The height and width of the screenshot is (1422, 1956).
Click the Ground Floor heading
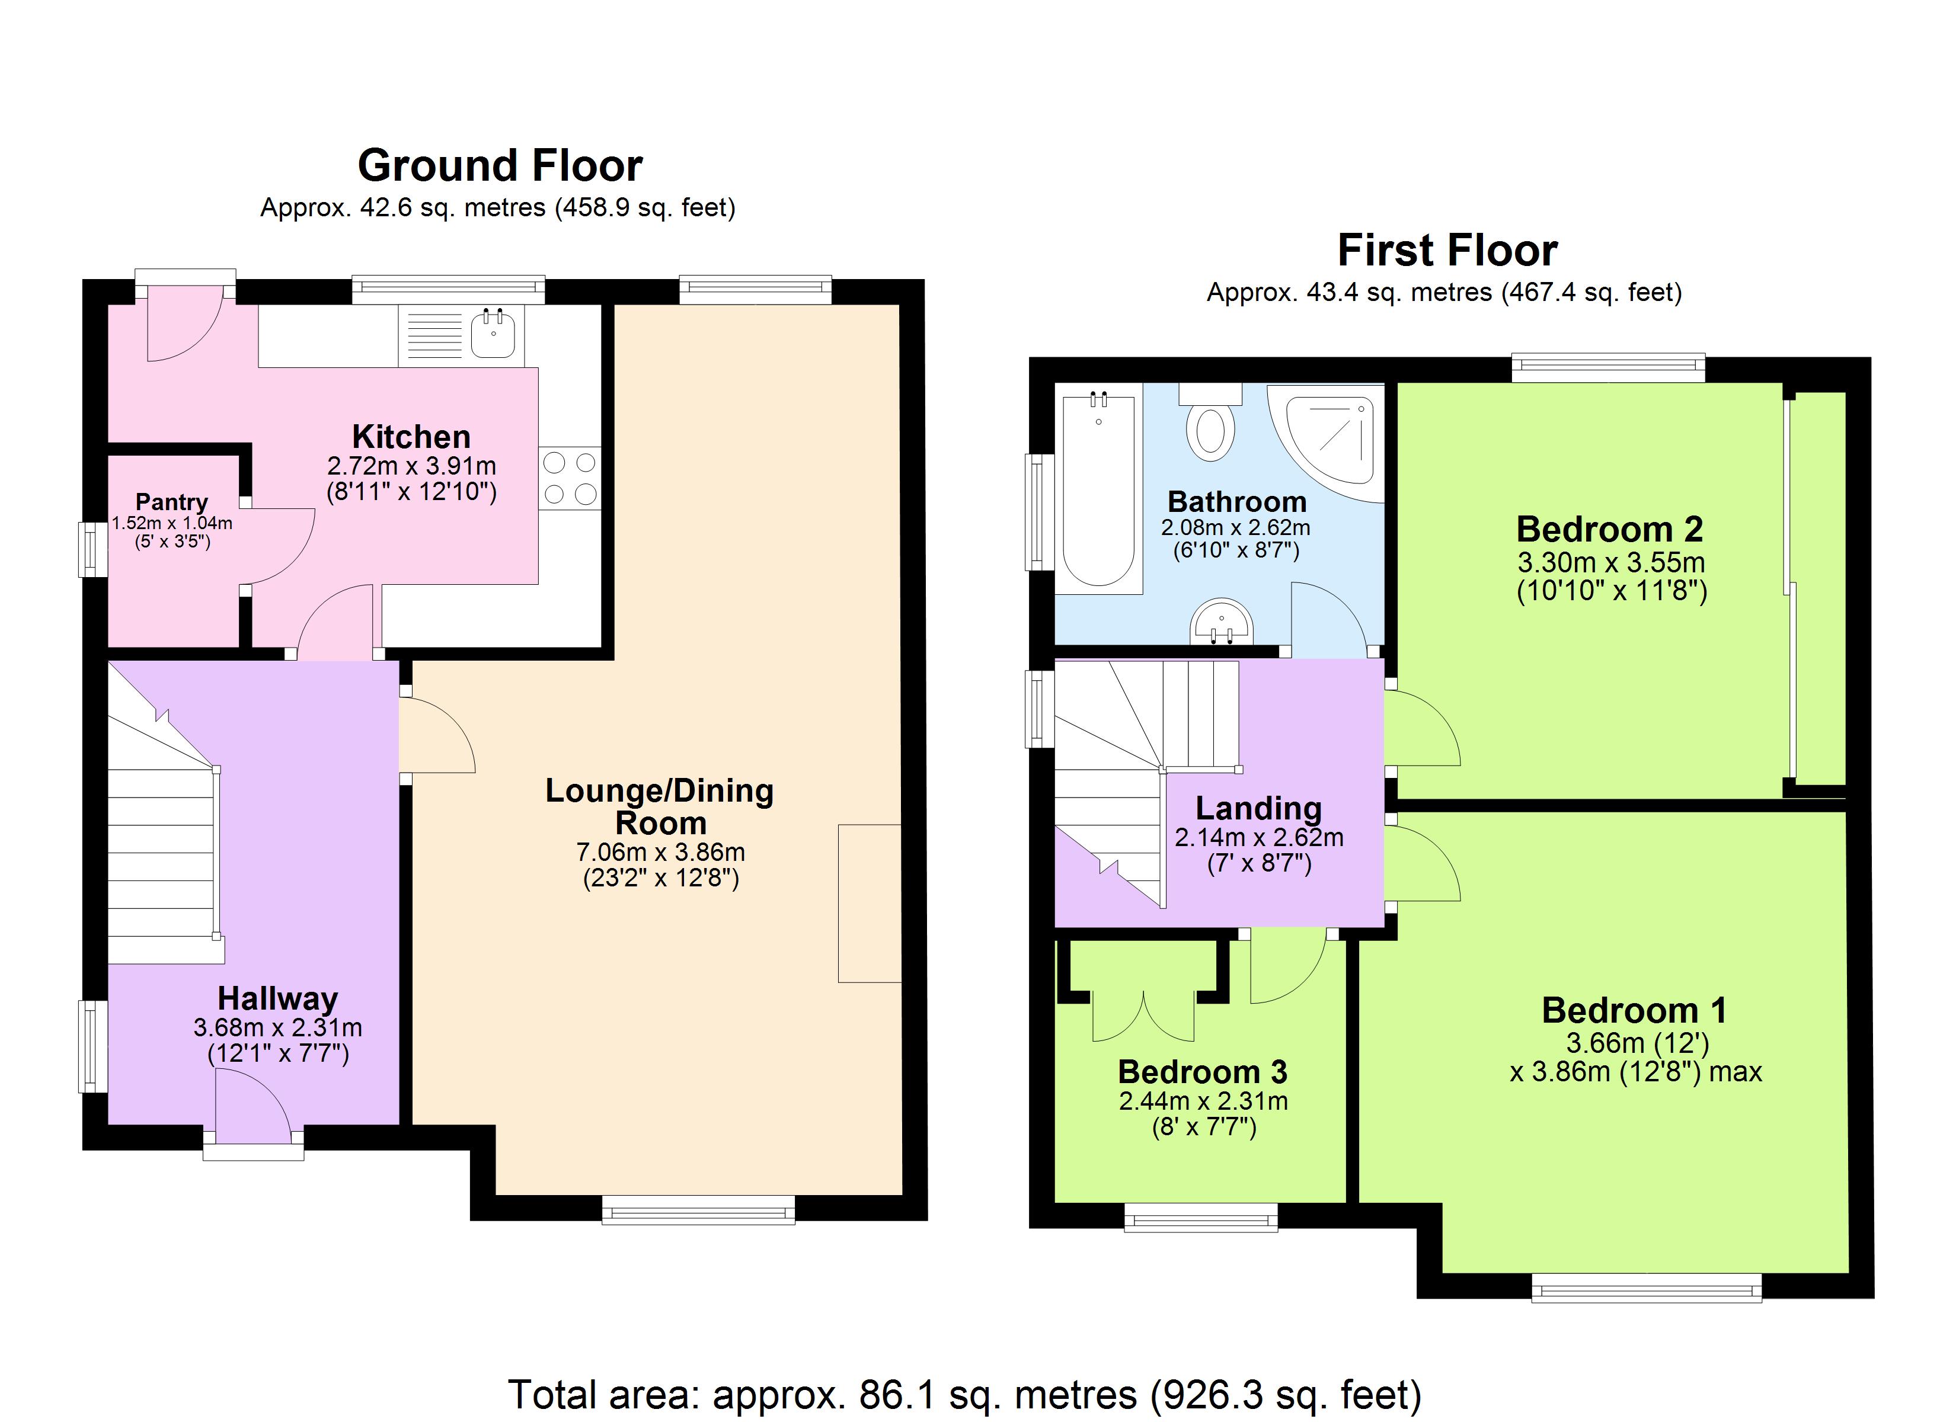pos(500,165)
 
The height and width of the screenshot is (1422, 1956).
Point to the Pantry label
pos(172,502)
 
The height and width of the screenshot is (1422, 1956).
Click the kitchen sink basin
pos(494,335)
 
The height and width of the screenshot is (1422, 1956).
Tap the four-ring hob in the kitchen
pos(569,478)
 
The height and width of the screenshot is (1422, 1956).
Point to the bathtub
pos(1099,488)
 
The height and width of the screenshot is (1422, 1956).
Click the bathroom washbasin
pos(1221,622)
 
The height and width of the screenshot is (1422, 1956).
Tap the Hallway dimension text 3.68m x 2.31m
pos(278,1028)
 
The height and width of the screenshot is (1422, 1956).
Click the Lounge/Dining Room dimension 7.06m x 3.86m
pos(661,852)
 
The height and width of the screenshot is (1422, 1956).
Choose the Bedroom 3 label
pos(1203,1072)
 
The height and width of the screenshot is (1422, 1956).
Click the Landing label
pos(1258,808)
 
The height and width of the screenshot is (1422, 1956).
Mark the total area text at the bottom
pos(964,1394)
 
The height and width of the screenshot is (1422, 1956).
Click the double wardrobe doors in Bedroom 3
pos(1143,1016)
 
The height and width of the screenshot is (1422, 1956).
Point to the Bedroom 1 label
pos(1634,1010)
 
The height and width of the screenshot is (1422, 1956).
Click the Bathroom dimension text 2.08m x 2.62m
pos(1236,528)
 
